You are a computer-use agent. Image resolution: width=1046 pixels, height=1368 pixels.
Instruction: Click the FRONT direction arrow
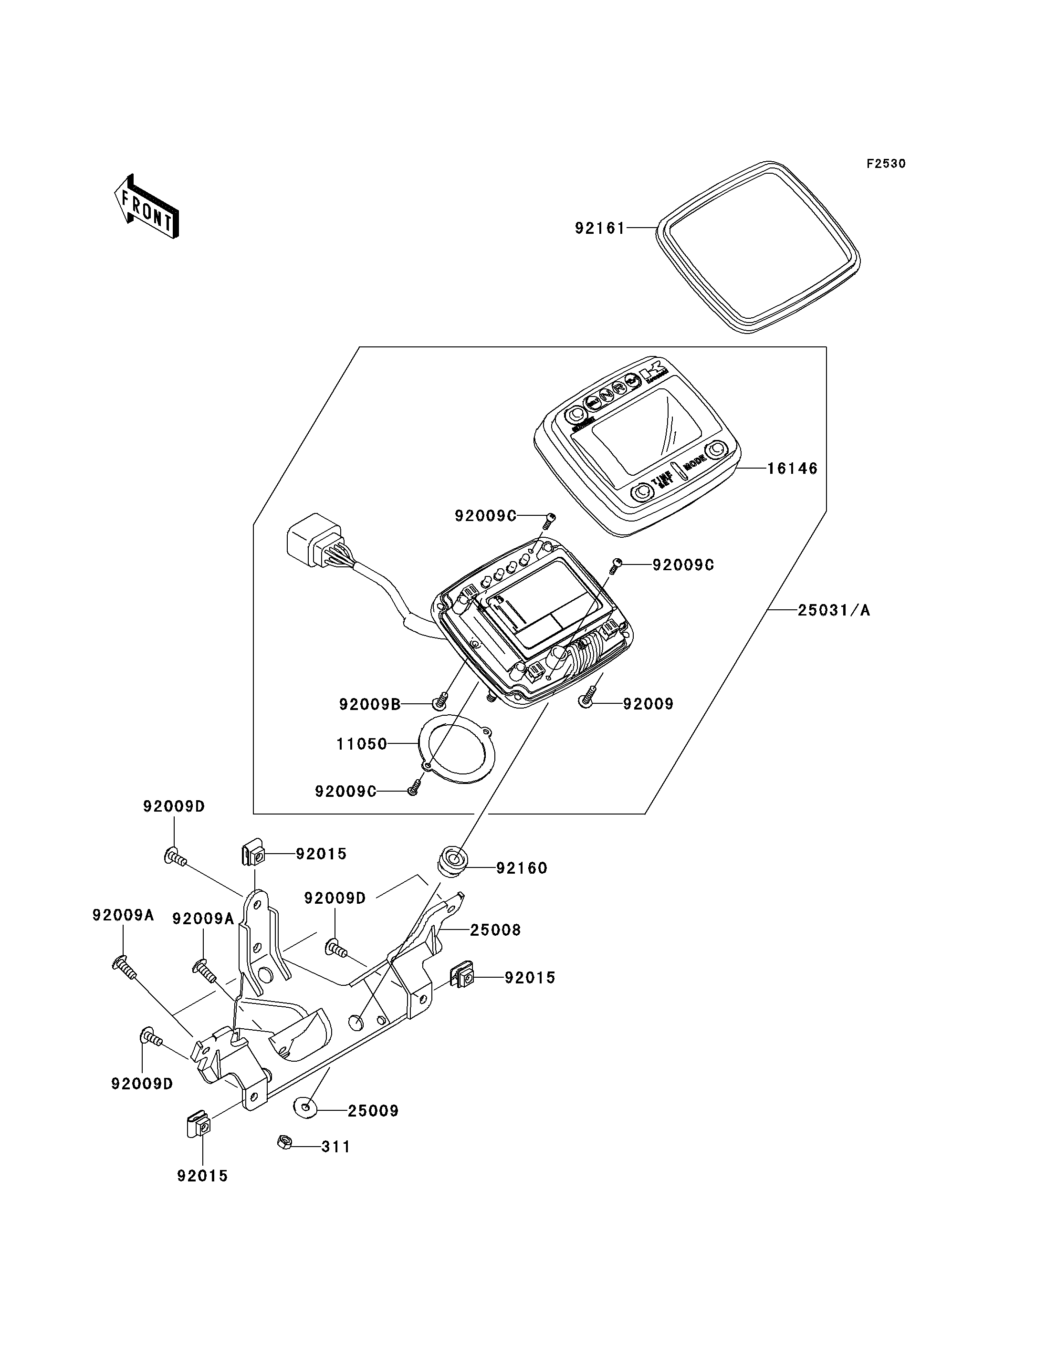(147, 207)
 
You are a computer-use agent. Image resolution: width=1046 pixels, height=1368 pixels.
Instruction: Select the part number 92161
(599, 229)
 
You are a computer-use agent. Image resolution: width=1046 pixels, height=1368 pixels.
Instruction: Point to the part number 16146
(792, 468)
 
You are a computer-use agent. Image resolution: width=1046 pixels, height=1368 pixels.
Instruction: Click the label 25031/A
(834, 610)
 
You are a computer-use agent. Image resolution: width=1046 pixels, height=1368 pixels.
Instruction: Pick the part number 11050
(362, 743)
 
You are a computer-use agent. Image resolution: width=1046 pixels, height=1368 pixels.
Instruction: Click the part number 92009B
(370, 704)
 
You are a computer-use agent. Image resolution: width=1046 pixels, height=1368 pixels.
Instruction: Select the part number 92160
(522, 868)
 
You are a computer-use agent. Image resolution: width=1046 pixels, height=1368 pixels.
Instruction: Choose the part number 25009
(373, 1111)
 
